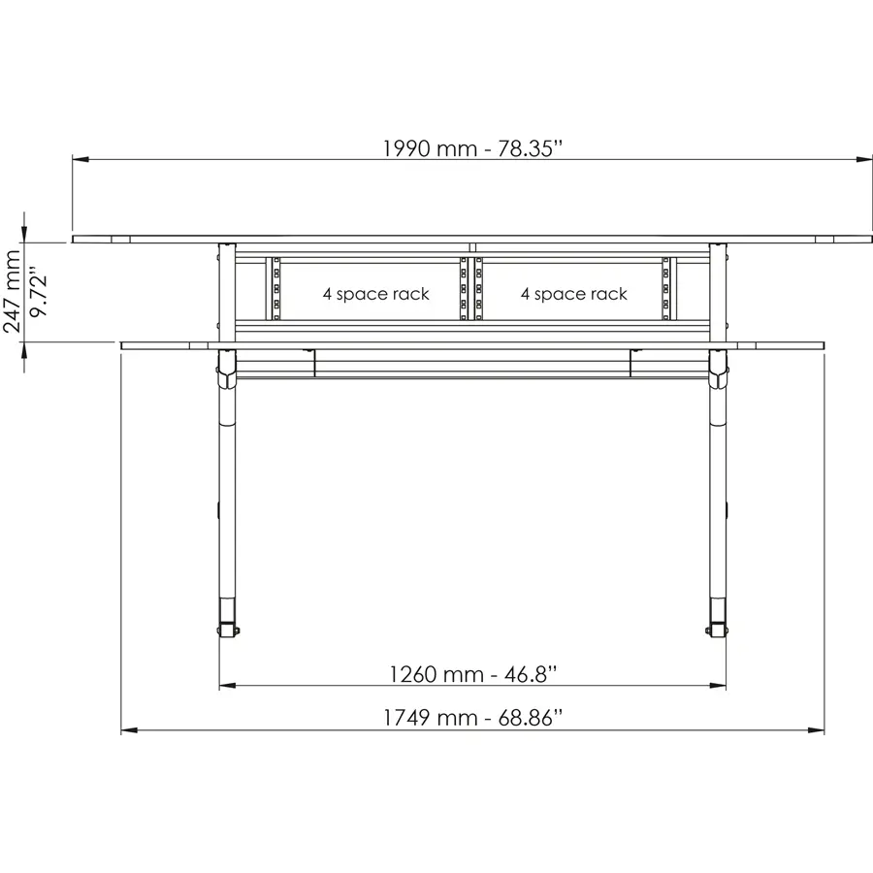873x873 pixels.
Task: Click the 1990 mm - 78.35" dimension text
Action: (x=473, y=148)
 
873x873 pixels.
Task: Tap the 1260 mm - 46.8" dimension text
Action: (x=472, y=673)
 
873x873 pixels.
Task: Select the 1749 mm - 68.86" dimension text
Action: (x=472, y=719)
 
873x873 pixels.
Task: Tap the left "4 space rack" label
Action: (x=375, y=294)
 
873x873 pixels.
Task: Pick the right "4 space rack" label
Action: (x=573, y=294)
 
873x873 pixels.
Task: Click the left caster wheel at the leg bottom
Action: (x=228, y=630)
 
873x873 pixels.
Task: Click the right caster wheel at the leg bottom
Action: (x=716, y=630)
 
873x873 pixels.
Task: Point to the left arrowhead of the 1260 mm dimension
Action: (x=227, y=686)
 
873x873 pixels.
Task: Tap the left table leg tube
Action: (x=226, y=504)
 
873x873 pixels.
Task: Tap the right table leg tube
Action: (x=719, y=504)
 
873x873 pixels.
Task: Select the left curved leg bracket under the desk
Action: (x=226, y=369)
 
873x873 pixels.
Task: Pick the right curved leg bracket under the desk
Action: (x=719, y=369)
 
